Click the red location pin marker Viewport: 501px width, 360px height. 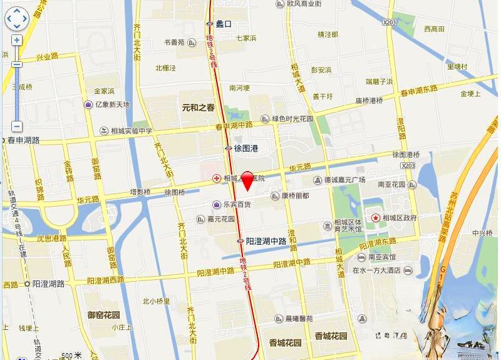pos(247,180)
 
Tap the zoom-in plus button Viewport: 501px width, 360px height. pos(17,40)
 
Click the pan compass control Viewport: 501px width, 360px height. pos(17,19)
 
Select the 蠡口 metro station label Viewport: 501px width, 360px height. pos(223,24)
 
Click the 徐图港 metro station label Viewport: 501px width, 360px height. pos(245,148)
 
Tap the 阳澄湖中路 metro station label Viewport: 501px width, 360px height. pos(266,241)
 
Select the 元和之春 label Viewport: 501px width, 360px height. pos(198,107)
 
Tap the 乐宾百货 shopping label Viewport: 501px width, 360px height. pos(235,205)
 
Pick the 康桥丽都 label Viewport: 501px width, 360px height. pos(295,196)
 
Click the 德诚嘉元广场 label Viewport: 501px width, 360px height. pos(344,179)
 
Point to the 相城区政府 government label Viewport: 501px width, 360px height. pos(399,218)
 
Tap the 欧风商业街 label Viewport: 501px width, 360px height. pos(304,4)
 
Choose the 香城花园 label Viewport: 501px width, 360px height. pos(285,342)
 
